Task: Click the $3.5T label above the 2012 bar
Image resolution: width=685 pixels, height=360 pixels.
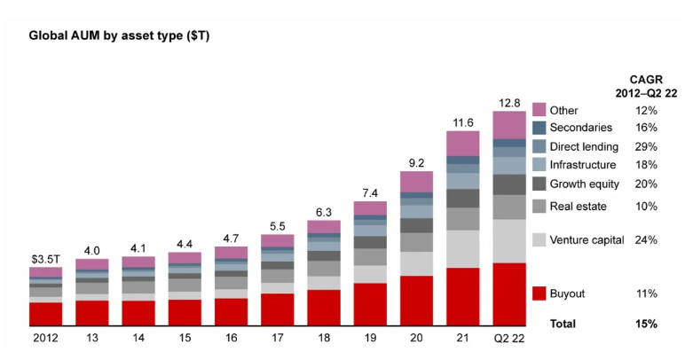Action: (45, 259)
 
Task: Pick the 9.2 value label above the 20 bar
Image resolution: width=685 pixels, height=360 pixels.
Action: (416, 163)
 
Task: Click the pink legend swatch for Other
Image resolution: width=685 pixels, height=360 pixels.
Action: (539, 110)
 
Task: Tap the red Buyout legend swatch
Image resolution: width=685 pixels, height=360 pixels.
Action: (539, 293)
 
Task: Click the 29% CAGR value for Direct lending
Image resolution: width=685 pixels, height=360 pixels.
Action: (646, 145)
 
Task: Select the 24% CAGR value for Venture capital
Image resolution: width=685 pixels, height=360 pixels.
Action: (646, 239)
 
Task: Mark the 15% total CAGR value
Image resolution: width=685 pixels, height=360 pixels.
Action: (646, 324)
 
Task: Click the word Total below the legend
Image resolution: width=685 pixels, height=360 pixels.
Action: (564, 324)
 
